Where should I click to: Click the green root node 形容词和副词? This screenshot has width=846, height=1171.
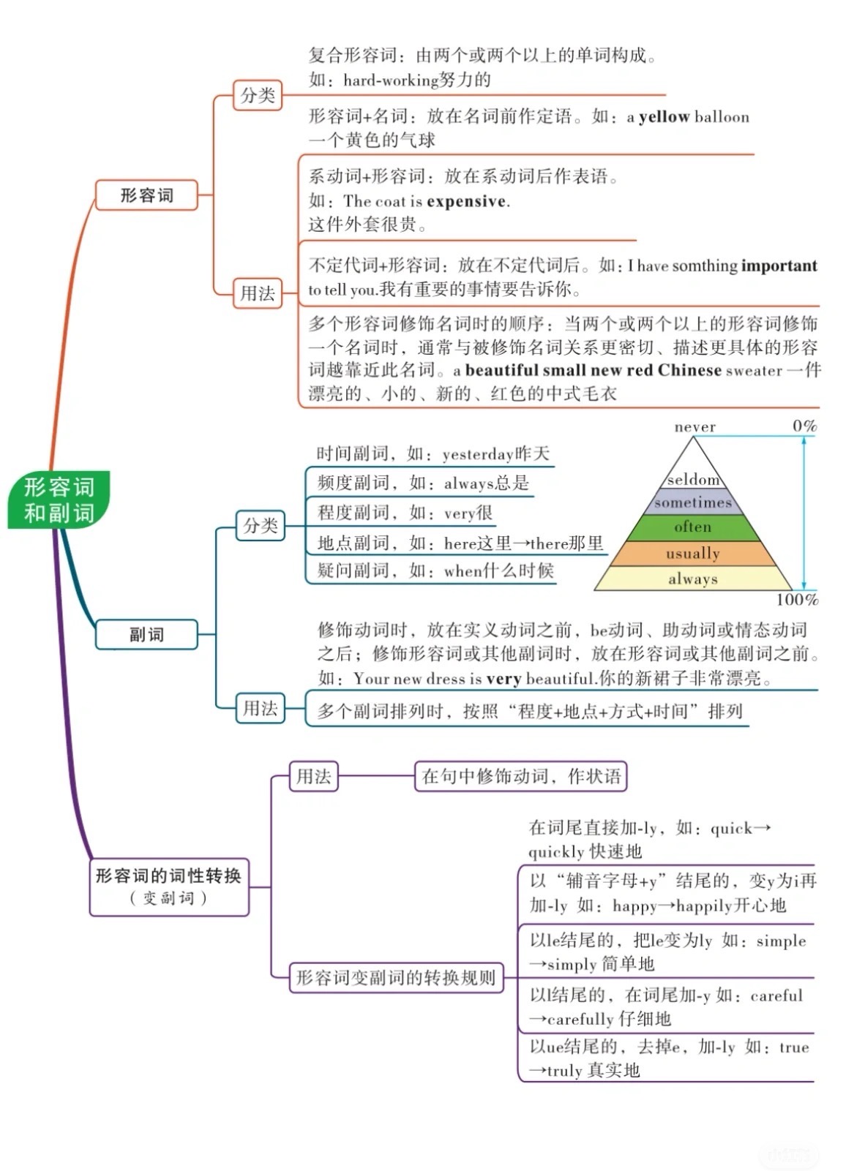(x=59, y=500)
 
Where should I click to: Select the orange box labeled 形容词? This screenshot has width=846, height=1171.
(x=146, y=195)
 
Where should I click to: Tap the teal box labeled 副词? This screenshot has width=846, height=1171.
(x=146, y=634)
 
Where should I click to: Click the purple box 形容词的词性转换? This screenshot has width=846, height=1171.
(x=169, y=886)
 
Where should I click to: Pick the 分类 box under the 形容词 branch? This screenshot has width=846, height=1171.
(x=258, y=95)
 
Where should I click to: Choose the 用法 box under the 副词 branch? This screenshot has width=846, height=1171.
(x=260, y=708)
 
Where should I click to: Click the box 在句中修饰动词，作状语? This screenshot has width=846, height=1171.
(x=520, y=776)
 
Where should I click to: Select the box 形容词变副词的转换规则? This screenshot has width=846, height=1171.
(x=396, y=977)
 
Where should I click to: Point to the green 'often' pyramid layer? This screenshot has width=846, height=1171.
(x=692, y=527)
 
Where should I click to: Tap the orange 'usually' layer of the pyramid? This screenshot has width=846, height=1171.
(x=692, y=553)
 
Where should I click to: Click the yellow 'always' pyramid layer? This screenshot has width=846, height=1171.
(x=692, y=579)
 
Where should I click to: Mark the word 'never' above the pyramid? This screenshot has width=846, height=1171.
(x=695, y=426)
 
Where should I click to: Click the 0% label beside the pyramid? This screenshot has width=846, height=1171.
(x=804, y=426)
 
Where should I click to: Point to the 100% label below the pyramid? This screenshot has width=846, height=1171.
(x=797, y=600)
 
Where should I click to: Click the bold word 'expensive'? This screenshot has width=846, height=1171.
(x=466, y=201)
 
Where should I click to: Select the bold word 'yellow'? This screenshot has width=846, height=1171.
(x=664, y=117)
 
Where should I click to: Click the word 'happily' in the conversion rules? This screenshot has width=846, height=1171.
(x=703, y=905)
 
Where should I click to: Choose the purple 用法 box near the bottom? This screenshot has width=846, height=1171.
(x=313, y=776)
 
